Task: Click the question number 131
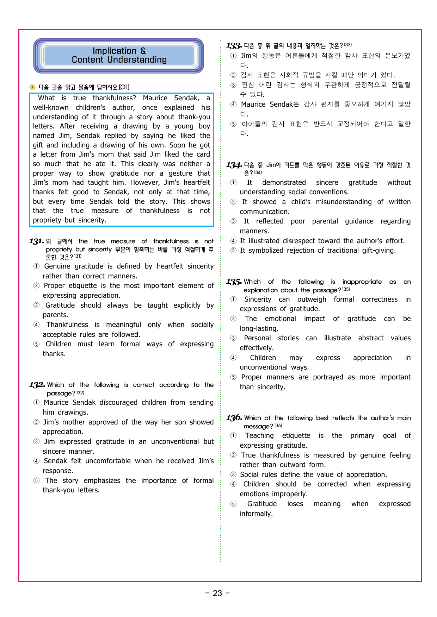(36, 241)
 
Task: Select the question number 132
(37, 385)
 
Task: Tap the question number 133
(234, 46)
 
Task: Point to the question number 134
(234, 165)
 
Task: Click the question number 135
(234, 282)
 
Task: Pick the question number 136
(234, 418)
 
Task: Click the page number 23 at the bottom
(217, 593)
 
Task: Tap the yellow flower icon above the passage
(32, 87)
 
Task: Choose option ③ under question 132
(36, 442)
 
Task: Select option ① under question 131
(36, 266)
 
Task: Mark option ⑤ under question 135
(233, 377)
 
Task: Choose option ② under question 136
(233, 455)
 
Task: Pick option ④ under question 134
(233, 241)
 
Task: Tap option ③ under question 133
(233, 85)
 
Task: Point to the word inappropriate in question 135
(362, 282)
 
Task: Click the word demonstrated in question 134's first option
(284, 183)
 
